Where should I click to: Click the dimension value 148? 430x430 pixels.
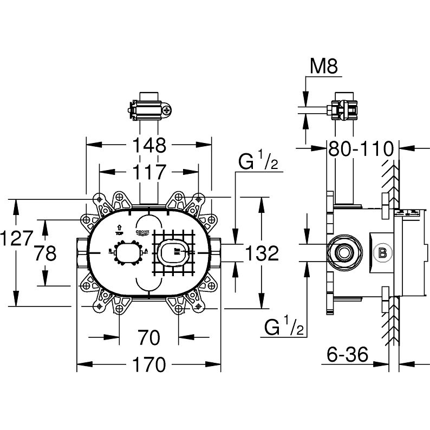149,145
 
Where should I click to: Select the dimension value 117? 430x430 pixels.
149,172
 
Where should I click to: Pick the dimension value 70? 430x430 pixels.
149,338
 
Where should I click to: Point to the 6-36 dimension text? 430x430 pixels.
347,355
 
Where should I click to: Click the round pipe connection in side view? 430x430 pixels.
342,252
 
